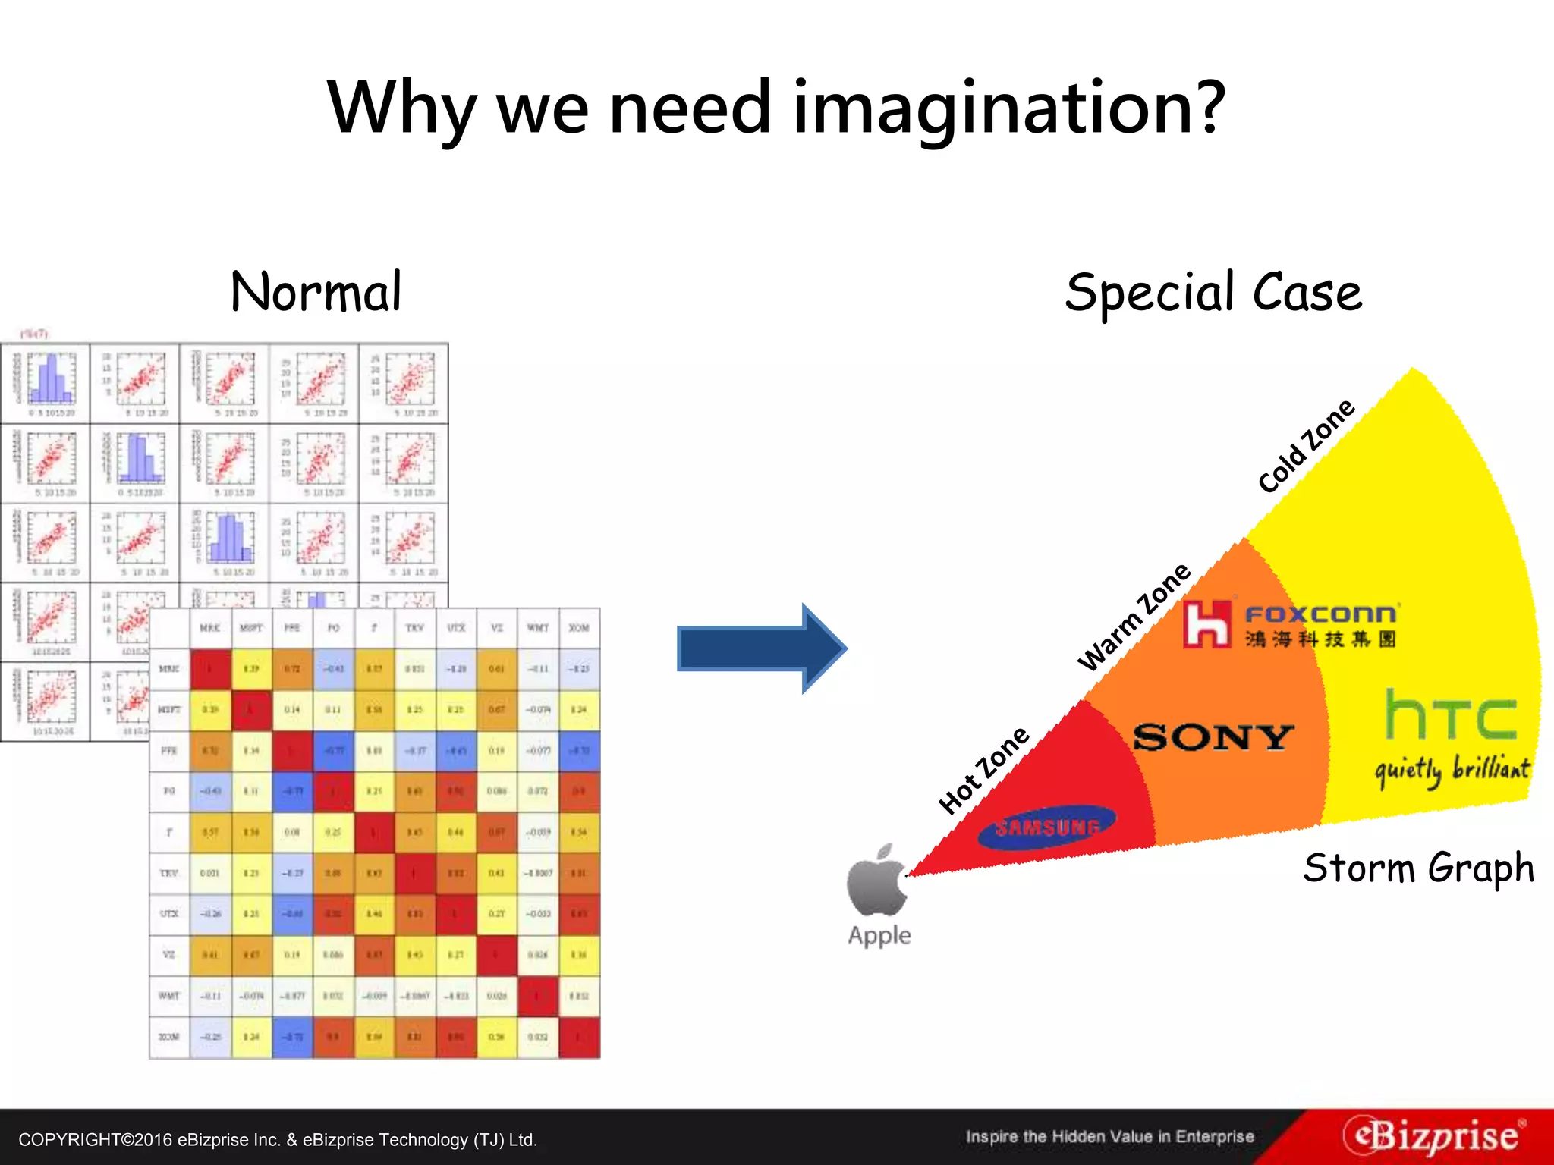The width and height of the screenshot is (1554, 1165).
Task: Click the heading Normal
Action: [x=316, y=293]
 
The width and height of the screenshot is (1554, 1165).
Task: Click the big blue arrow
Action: [x=761, y=648]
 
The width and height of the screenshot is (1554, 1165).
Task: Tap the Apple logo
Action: [x=877, y=881]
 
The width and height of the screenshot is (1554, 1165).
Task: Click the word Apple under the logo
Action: [x=879, y=935]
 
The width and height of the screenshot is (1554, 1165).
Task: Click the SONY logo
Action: [x=1213, y=737]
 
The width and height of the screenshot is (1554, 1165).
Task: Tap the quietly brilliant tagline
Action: [x=1452, y=770]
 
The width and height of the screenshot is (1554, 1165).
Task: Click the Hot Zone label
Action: [x=984, y=769]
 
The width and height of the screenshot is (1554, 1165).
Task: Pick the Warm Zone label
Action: [x=1134, y=617]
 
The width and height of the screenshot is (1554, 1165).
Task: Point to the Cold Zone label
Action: [x=1306, y=445]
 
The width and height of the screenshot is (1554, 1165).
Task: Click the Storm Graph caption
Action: [x=1418, y=868]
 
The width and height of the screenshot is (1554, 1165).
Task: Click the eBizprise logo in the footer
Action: [x=1434, y=1136]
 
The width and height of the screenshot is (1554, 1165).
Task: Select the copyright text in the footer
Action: [x=278, y=1140]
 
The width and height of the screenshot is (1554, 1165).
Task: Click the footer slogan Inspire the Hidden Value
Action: [x=1109, y=1136]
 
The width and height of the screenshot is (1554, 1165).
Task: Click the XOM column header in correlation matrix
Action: [x=579, y=628]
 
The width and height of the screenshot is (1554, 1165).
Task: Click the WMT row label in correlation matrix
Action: [x=168, y=996]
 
